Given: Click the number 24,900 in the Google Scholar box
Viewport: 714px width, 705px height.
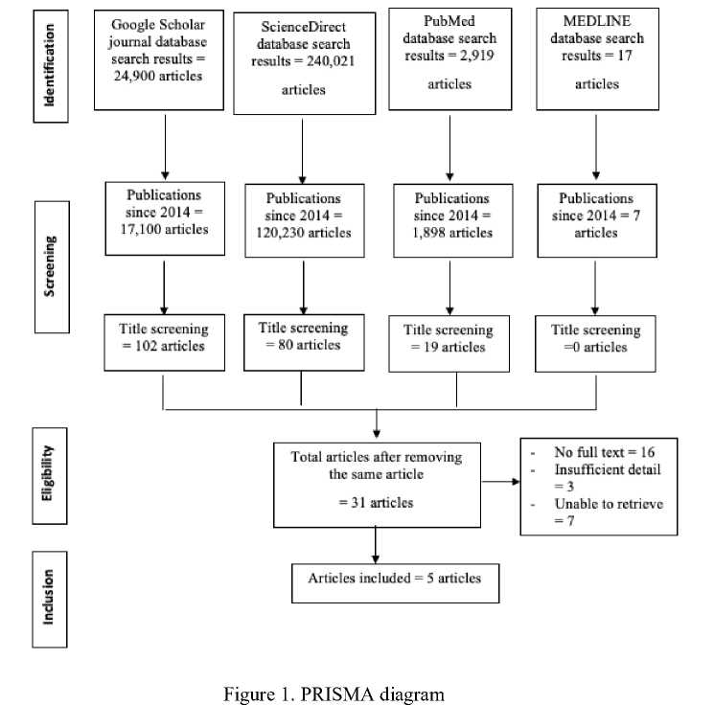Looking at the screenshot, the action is [x=135, y=76].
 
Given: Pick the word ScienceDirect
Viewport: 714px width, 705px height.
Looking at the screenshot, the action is [x=303, y=27].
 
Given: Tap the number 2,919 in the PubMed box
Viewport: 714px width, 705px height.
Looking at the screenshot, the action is [x=476, y=56].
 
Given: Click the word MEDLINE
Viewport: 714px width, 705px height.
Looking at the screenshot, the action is [x=597, y=21].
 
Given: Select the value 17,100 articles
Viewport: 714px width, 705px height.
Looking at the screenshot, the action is [x=165, y=229].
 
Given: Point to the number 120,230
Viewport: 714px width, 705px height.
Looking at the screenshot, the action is [x=280, y=233].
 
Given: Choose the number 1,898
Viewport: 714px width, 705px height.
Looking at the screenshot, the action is [x=429, y=233].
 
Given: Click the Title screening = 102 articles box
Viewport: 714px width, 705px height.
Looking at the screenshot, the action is [x=165, y=342].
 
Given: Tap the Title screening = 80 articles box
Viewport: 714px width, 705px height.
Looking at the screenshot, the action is [x=304, y=342].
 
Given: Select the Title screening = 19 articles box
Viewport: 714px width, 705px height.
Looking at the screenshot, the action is [x=449, y=344].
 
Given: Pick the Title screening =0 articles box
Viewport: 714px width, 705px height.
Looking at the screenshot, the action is [x=595, y=344].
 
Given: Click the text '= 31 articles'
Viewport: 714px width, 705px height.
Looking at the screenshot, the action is [x=376, y=503].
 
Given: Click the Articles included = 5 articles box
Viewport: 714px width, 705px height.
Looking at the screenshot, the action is [x=395, y=583].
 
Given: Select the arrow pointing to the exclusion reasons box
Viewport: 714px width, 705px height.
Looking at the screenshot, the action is [x=500, y=482].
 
